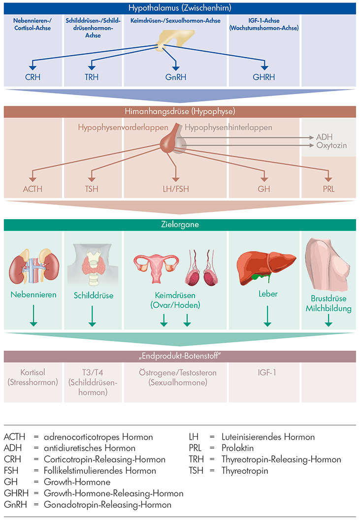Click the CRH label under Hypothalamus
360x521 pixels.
(x=33, y=77)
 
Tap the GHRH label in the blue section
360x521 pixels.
(x=264, y=77)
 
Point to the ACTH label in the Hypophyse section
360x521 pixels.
(x=33, y=188)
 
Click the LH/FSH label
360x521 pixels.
(x=176, y=188)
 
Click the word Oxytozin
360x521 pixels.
(x=331, y=146)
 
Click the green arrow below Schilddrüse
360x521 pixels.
(x=92, y=316)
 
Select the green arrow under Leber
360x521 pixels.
(x=268, y=316)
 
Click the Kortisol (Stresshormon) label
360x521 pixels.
(x=33, y=377)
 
